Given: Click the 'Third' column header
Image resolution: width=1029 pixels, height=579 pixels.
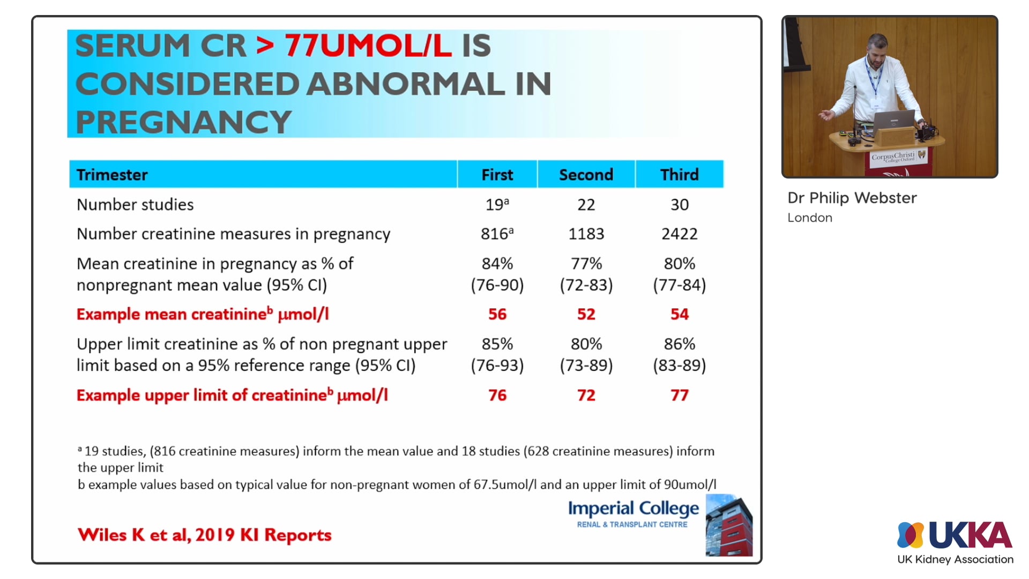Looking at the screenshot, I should (679, 175).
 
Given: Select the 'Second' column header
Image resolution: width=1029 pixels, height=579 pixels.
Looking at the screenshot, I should (586, 175).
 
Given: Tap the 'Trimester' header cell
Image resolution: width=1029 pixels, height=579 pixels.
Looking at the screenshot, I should (112, 175).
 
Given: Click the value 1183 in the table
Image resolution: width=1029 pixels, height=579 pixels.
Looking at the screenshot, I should (586, 234).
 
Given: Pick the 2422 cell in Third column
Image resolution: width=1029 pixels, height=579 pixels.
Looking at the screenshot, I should (679, 234).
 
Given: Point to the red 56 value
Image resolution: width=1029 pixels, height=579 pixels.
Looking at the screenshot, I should (497, 314).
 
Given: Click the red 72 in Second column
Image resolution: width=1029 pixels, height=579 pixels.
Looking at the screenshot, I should (586, 395).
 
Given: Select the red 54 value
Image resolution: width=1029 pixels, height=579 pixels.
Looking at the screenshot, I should (679, 314).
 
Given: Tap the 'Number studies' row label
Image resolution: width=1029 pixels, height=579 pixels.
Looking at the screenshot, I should (135, 205).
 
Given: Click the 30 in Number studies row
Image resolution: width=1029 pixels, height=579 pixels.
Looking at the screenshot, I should (679, 205).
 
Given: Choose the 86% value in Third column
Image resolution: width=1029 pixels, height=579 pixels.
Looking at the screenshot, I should (679, 344).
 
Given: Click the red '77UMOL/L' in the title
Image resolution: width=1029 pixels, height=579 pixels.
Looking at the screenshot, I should (368, 46).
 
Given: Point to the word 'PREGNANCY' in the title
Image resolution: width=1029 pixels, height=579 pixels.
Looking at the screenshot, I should (183, 122).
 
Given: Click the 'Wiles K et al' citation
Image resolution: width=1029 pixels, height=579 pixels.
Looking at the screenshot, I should (204, 535).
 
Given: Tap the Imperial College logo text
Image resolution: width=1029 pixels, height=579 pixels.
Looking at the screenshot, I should (633, 508).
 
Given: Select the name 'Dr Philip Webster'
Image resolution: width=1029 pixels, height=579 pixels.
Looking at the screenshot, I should (852, 198).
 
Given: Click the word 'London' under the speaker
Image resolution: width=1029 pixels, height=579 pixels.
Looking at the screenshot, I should (809, 218).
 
